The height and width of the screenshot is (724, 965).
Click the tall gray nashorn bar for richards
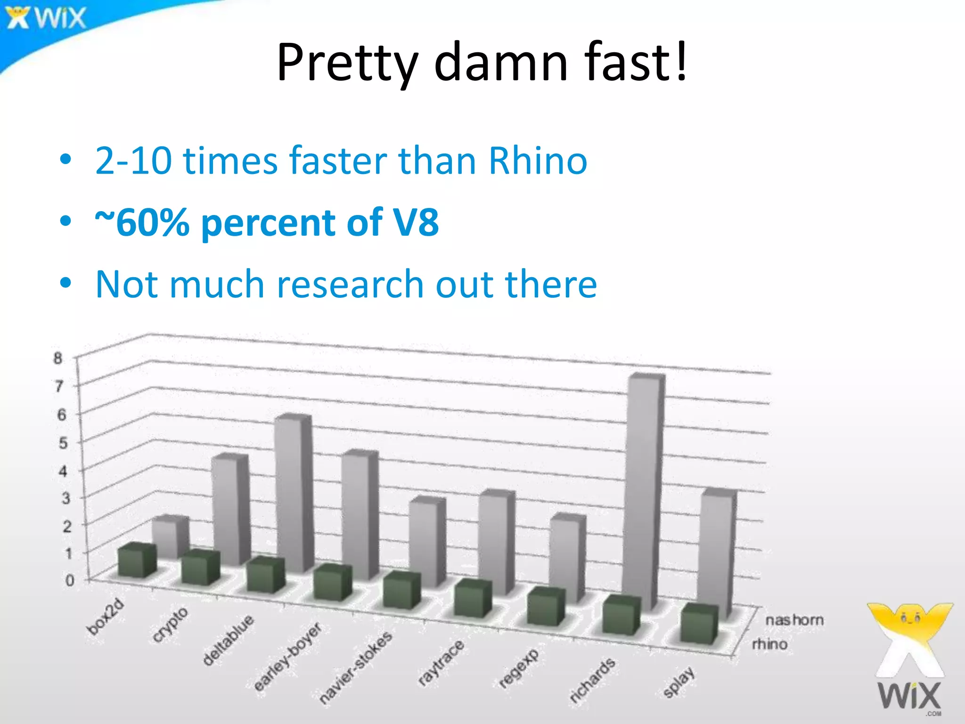(x=643, y=490)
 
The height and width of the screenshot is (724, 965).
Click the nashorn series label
(x=794, y=620)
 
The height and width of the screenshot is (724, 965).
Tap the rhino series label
(x=770, y=644)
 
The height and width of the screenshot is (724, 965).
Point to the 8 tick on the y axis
(x=57, y=358)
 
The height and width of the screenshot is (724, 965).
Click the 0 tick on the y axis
(x=70, y=580)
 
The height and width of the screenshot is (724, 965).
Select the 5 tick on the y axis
(x=63, y=443)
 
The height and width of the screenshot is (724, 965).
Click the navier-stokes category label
(x=356, y=666)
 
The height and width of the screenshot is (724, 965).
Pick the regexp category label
(x=519, y=667)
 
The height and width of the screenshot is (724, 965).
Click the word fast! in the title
(x=636, y=62)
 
